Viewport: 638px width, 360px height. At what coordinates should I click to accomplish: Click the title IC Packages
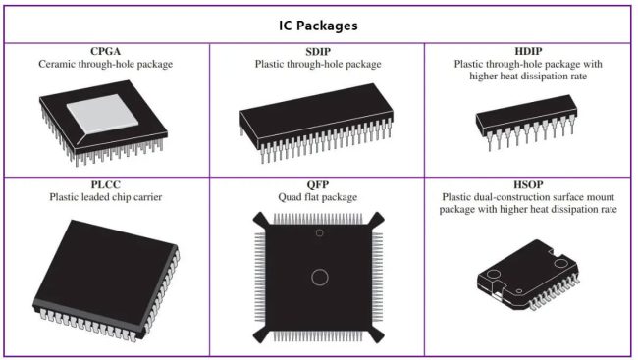click(318, 24)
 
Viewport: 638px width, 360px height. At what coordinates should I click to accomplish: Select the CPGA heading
click(105, 51)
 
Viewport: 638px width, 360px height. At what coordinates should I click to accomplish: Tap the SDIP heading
click(318, 51)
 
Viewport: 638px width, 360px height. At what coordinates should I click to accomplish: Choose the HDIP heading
click(530, 51)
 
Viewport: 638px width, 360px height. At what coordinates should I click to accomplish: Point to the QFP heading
click(318, 183)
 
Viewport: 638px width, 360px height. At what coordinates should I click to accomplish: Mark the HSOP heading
click(530, 183)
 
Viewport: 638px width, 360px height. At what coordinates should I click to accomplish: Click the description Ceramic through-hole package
click(105, 64)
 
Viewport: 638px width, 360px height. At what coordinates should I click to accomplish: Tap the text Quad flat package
click(318, 196)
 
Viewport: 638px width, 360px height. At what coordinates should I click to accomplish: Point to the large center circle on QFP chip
click(318, 277)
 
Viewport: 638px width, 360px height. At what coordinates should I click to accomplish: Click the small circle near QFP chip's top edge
click(318, 232)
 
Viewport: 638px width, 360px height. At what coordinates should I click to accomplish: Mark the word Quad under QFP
click(292, 196)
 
